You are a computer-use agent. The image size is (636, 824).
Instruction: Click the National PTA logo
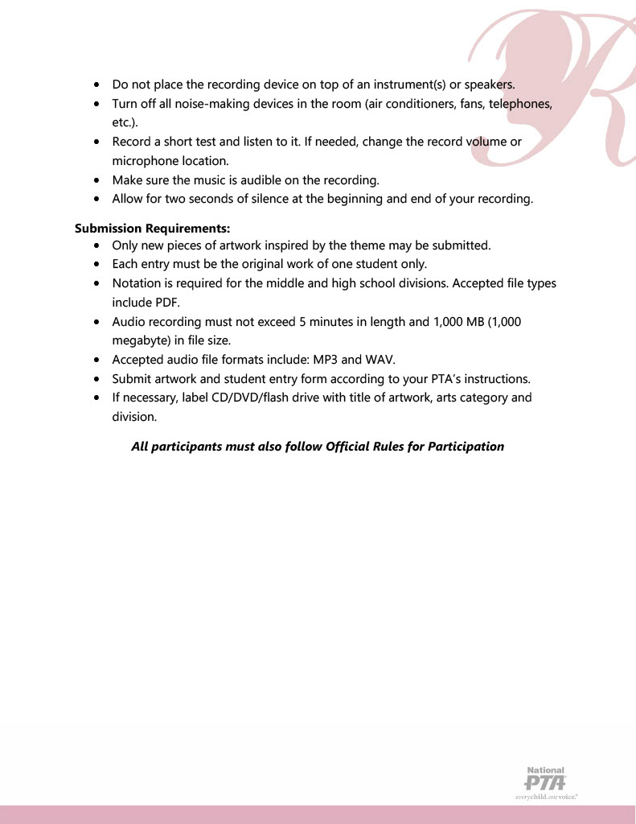(x=546, y=782)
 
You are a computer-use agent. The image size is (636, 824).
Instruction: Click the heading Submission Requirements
(x=153, y=229)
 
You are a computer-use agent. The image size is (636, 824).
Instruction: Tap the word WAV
(x=380, y=359)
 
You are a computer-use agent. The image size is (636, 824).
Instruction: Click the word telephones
(x=517, y=104)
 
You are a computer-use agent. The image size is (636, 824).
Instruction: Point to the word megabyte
(x=140, y=340)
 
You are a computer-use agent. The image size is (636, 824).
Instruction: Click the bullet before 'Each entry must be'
(x=97, y=264)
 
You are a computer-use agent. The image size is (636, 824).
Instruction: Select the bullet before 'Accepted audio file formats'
(x=97, y=360)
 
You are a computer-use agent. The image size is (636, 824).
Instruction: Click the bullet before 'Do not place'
(x=97, y=84)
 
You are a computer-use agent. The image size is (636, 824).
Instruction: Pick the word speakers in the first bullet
(x=489, y=84)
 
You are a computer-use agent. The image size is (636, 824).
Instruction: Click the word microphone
(x=143, y=161)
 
